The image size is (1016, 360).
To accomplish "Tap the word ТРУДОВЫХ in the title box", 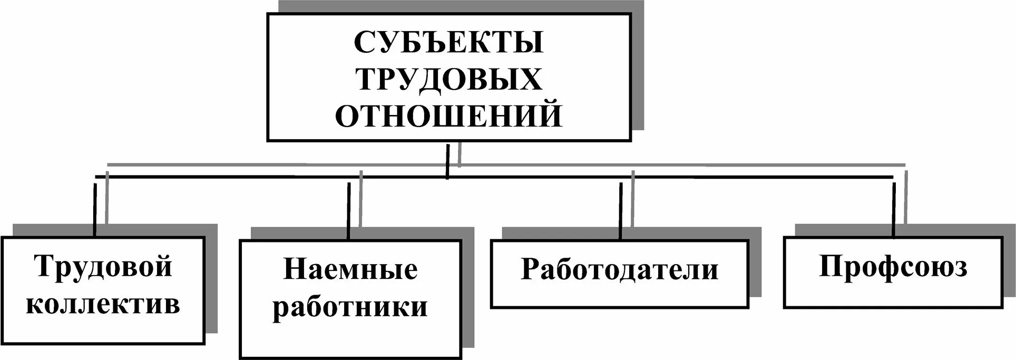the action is (x=448, y=80).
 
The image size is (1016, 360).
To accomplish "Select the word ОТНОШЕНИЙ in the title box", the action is (x=448, y=116).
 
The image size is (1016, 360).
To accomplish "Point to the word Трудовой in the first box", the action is (x=103, y=267).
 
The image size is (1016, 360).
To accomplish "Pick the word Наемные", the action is (x=350, y=270).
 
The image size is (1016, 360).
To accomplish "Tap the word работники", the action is (x=350, y=307).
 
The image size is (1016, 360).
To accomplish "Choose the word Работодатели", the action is (x=619, y=270).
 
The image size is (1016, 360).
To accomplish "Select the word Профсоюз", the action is (x=893, y=267).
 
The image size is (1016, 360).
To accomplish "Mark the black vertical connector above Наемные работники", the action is (x=349, y=211).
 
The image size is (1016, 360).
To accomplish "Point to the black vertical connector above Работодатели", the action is (x=621, y=211).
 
